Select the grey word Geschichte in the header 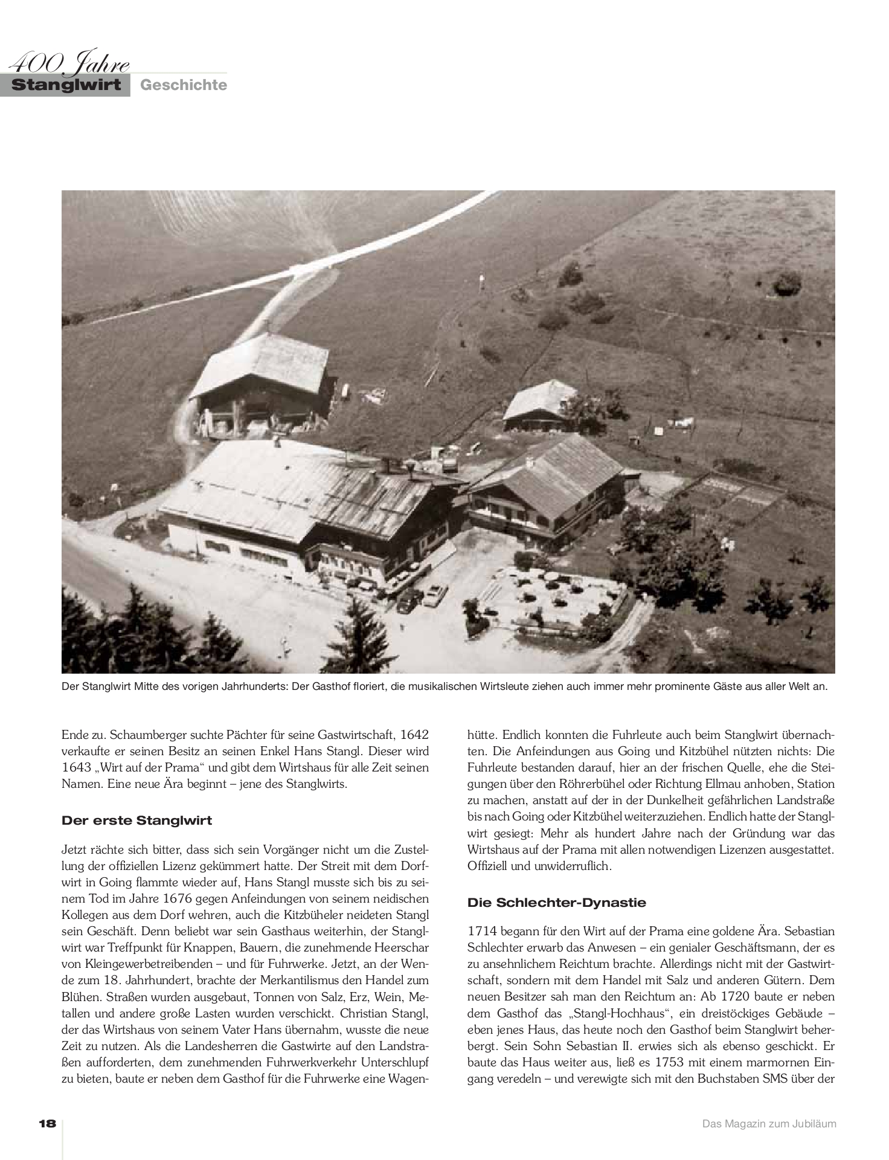[184, 85]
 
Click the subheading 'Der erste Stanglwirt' [136, 820]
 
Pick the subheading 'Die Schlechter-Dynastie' [556, 903]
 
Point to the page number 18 [47, 1124]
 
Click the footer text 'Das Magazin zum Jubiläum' [769, 1124]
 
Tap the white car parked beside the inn [434, 594]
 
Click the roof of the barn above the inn [260, 362]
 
